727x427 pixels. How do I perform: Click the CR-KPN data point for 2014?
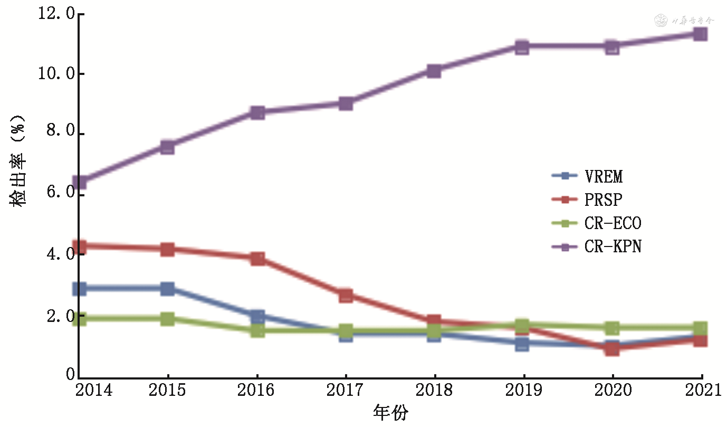pyautogui.click(x=80, y=183)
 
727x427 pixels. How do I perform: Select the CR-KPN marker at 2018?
pyautogui.click(x=434, y=71)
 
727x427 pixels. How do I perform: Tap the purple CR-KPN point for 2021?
pyautogui.click(x=700, y=34)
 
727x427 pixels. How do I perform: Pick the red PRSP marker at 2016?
pyautogui.click(x=257, y=258)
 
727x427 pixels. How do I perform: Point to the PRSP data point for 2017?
pyautogui.click(x=346, y=296)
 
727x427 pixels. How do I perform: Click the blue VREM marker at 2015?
pyautogui.click(x=168, y=289)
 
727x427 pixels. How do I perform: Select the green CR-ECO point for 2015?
pyautogui.click(x=168, y=319)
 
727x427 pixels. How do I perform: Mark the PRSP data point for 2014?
pyautogui.click(x=80, y=246)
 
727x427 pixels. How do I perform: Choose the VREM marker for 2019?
pyautogui.click(x=522, y=345)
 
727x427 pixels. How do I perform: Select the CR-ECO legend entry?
pyautogui.click(x=613, y=223)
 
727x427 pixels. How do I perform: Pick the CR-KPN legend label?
pyautogui.click(x=613, y=246)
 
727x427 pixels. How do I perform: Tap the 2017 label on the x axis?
pyautogui.click(x=345, y=391)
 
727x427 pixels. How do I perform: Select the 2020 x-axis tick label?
pyautogui.click(x=613, y=391)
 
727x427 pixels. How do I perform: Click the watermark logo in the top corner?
pyautogui.click(x=661, y=21)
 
